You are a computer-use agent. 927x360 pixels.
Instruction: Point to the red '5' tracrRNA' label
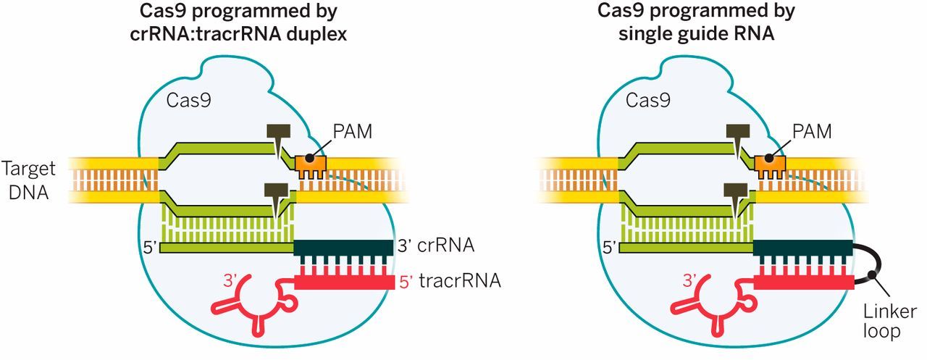pos(448,280)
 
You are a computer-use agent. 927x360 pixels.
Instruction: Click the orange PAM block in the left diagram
pos(311,165)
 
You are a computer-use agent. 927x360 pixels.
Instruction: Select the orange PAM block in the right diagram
pos(771,165)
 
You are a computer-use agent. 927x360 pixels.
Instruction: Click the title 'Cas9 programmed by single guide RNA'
pos(695,22)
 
